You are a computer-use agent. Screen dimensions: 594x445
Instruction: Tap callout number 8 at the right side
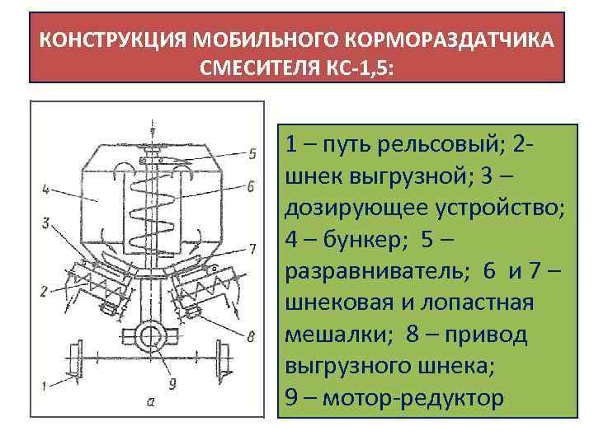251,335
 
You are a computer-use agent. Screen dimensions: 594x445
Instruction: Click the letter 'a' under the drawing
150,402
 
